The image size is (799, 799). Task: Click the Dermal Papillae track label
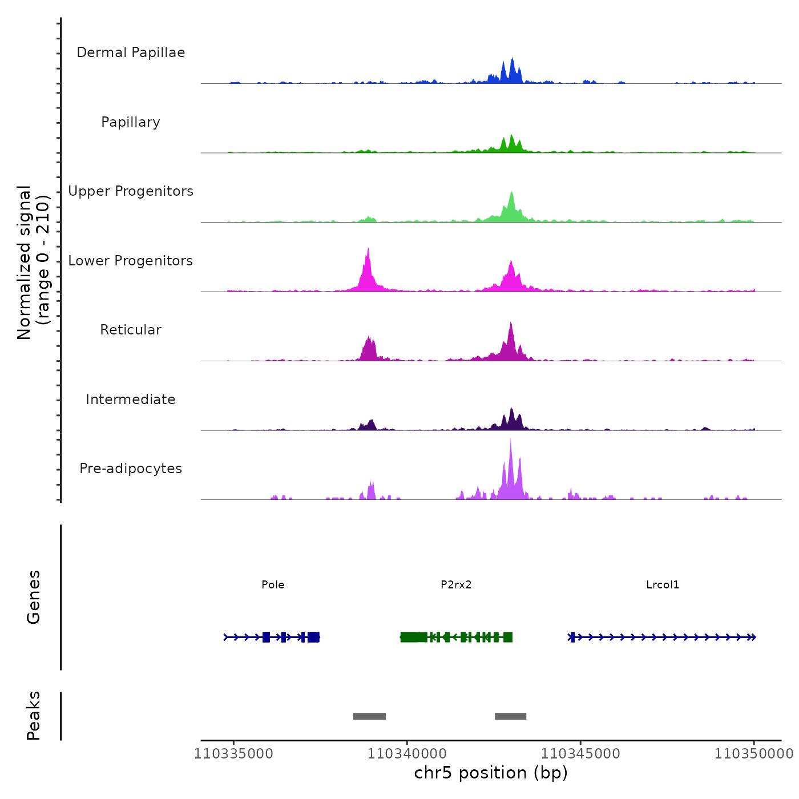point(131,53)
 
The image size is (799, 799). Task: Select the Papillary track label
point(131,122)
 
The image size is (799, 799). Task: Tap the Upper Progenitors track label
point(131,191)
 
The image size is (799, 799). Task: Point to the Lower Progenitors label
point(131,261)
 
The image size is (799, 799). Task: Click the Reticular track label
point(131,330)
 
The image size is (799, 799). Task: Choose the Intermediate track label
point(131,399)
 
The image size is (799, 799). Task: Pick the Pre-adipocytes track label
point(131,469)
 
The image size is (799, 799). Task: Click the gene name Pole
point(273,584)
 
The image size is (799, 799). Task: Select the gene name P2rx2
point(456,584)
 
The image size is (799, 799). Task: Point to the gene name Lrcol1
point(663,584)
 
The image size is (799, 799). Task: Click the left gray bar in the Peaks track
point(369,716)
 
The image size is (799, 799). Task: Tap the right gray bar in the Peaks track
point(510,716)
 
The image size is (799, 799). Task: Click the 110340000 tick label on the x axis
point(407,754)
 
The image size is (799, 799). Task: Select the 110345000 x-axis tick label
point(580,754)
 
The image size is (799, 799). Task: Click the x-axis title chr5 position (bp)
point(491,773)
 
